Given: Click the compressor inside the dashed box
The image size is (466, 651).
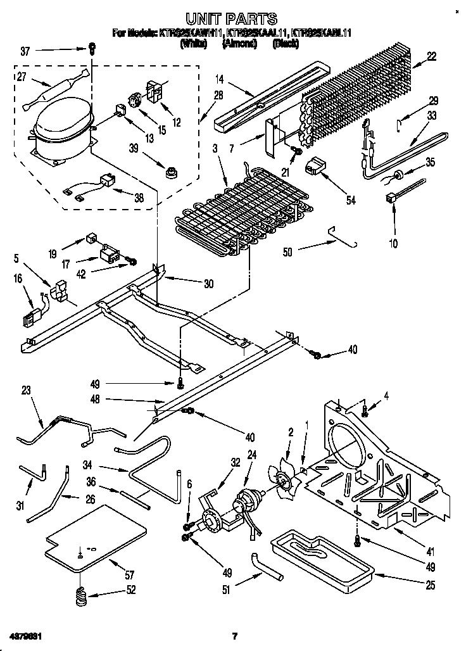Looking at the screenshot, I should point(61,130).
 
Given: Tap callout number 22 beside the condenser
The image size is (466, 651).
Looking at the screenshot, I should point(432,56).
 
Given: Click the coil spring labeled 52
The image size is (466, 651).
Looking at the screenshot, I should point(80,597).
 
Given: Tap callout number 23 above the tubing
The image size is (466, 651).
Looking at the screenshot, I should point(26,391).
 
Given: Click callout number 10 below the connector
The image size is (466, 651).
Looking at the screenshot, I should point(394,243).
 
